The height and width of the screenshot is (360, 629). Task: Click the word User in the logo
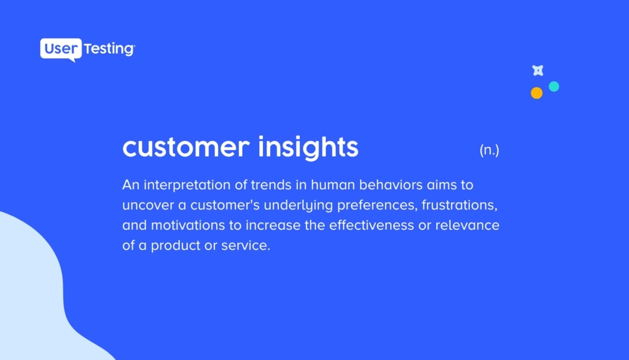pos(61,49)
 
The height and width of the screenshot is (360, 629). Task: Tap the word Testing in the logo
pos(109,49)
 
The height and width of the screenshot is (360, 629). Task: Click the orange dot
pos(537,93)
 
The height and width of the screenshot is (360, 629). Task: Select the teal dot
pos(554,86)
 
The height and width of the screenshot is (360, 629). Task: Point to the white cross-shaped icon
pos(538,71)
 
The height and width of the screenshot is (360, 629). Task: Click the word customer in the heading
pos(186,147)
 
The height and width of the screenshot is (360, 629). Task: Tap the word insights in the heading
pos(308,147)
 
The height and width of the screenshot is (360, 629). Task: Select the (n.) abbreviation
pos(490,150)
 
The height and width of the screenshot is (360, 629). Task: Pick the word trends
pos(271,185)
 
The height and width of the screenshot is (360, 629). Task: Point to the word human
pos(333,185)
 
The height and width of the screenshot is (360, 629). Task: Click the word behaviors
pos(391,185)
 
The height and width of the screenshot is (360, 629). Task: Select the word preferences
pos(378,205)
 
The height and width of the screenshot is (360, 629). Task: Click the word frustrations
pos(459,205)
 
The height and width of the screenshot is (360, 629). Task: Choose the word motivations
pos(188,225)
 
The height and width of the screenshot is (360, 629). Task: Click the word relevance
pos(467,225)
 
